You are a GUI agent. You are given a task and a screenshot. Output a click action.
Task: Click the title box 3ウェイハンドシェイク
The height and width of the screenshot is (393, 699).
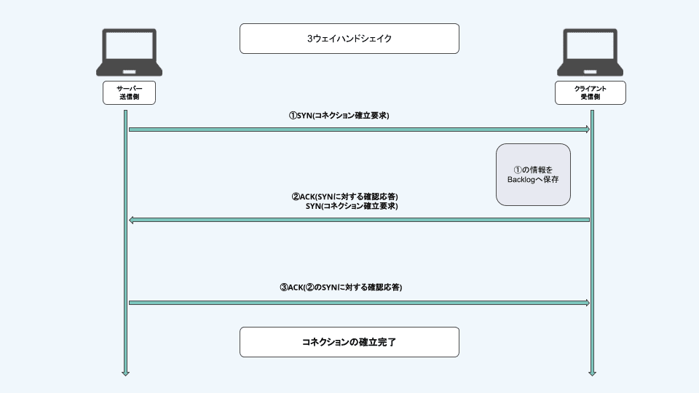click(349, 39)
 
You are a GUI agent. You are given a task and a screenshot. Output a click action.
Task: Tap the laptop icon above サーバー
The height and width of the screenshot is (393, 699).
click(129, 52)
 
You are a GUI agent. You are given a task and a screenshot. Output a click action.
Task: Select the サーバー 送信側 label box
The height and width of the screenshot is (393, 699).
click(129, 92)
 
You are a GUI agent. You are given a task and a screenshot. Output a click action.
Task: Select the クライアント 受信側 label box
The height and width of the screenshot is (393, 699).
click(590, 92)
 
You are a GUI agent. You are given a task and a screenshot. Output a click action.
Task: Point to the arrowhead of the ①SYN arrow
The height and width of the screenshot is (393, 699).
click(586, 130)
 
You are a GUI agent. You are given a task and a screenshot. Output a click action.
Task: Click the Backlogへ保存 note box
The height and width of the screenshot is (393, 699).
click(533, 174)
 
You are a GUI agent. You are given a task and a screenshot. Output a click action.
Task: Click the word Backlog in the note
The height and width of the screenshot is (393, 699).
click(521, 179)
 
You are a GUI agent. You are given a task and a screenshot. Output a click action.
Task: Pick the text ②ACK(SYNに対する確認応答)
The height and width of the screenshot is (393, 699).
click(345, 196)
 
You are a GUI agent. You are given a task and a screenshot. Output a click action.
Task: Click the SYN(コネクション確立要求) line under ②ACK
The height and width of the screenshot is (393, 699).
click(352, 207)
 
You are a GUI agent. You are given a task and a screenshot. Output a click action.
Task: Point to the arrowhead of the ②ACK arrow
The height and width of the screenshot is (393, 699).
click(132, 220)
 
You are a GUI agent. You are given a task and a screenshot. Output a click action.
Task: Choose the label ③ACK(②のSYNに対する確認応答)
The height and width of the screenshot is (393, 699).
click(341, 287)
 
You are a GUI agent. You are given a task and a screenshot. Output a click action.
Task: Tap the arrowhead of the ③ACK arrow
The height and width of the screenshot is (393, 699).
click(586, 303)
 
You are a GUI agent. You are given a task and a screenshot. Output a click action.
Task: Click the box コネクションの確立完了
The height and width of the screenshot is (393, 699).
click(349, 341)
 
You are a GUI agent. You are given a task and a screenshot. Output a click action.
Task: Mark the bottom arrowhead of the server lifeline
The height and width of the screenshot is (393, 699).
click(125, 373)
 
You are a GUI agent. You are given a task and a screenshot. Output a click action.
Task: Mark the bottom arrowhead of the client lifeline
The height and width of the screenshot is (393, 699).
click(592, 373)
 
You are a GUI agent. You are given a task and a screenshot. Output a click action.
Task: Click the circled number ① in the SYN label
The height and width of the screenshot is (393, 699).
click(293, 115)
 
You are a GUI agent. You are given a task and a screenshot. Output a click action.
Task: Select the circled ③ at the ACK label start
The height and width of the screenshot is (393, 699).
click(284, 287)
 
